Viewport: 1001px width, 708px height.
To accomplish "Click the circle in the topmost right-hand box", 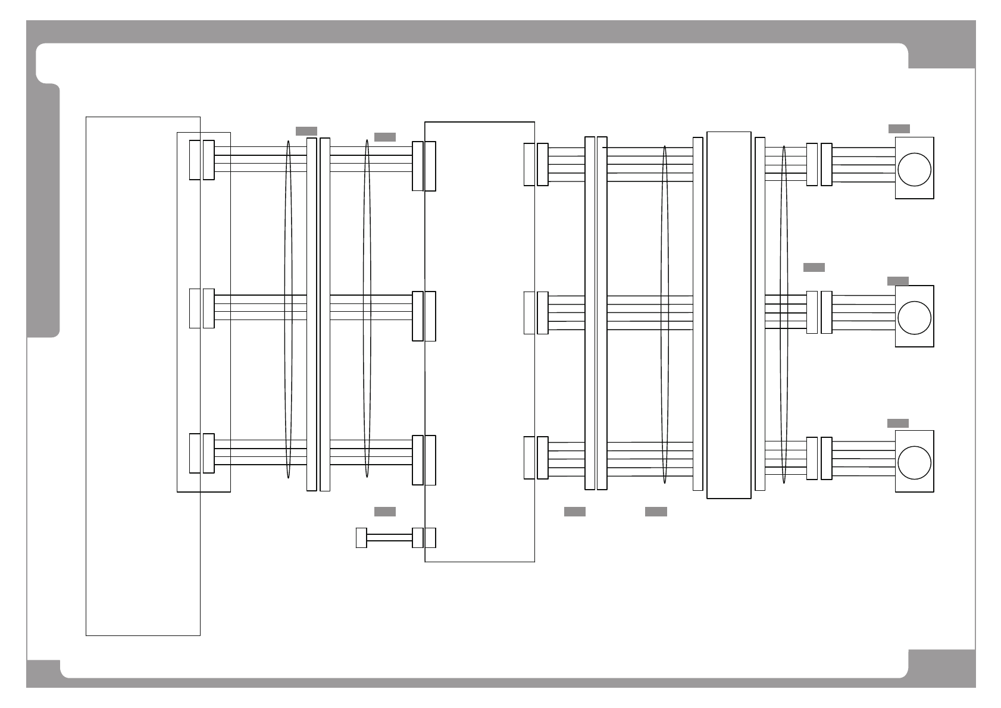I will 914,169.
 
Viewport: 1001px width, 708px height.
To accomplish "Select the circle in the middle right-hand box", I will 914,317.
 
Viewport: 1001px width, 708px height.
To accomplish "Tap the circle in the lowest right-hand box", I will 914,462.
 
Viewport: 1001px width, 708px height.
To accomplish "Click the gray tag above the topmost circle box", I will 899,129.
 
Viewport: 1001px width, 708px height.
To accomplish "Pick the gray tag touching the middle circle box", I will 897,281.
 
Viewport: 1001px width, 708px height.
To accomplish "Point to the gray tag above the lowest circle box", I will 897,423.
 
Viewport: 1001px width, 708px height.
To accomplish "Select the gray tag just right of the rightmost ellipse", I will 814,267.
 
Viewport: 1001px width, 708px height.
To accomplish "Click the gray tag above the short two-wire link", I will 384,512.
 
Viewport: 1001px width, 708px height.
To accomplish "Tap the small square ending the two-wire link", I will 361,538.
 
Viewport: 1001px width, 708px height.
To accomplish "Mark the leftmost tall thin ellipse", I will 289,309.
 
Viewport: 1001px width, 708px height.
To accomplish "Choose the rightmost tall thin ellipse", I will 784,314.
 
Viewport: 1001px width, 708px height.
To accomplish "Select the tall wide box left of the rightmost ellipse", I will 728,315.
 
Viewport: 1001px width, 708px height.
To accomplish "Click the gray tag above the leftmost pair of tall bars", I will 306,131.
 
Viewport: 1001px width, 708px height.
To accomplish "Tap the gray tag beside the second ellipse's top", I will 384,137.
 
